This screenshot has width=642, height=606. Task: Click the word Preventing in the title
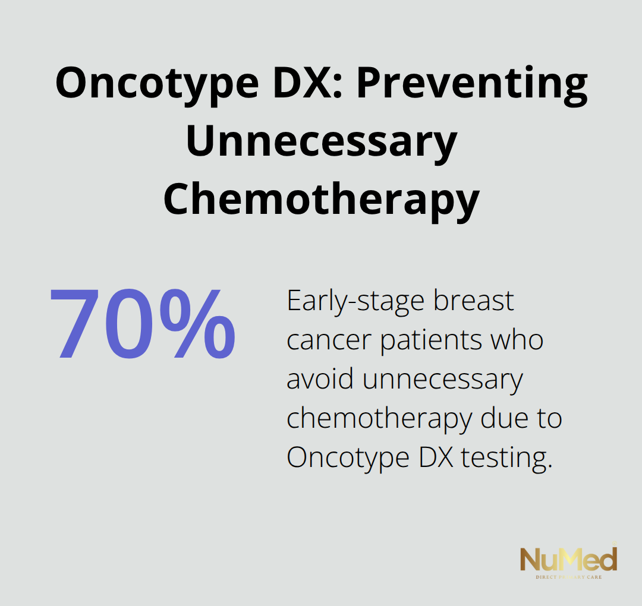[471, 84]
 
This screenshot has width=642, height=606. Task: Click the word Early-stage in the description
[355, 302]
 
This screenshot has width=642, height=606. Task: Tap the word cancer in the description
[329, 341]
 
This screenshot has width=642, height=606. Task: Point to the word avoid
[320, 380]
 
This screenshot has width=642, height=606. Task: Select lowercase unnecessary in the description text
[442, 380]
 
